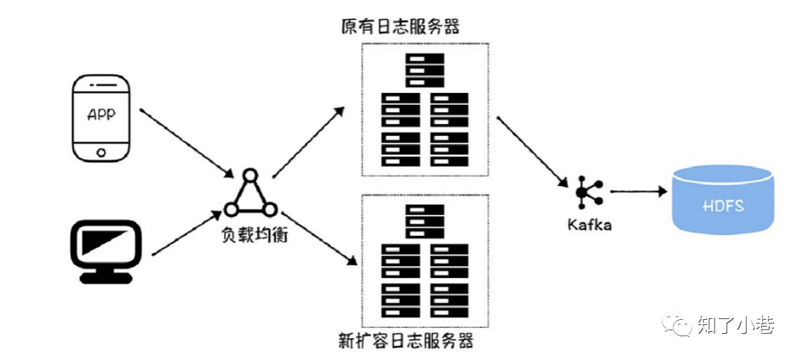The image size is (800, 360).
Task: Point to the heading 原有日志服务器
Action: pos(401,27)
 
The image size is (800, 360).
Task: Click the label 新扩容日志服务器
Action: pos(406,341)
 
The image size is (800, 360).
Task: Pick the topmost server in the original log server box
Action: pos(425,70)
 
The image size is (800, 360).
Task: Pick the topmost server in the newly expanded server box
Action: pos(425,221)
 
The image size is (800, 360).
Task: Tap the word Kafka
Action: pos(588,224)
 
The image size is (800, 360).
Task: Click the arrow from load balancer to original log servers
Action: pos(308,141)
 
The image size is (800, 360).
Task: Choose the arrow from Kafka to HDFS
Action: pos(637,191)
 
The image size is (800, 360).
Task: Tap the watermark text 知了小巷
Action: pos(736,325)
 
